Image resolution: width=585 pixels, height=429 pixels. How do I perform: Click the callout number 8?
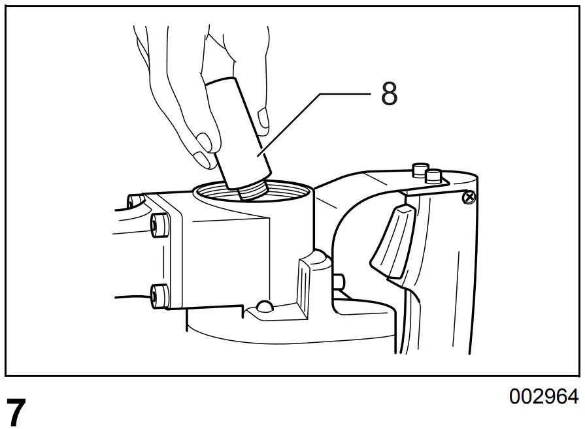[389, 95]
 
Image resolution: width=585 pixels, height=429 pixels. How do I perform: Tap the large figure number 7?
[17, 411]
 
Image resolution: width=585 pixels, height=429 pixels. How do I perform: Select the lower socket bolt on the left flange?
[158, 296]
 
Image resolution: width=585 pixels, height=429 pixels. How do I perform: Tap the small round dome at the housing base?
[265, 307]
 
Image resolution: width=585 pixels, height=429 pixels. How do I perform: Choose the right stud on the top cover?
[432, 175]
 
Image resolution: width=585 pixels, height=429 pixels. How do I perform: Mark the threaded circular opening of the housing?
[252, 191]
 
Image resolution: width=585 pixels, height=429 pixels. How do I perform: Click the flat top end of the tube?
[221, 84]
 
